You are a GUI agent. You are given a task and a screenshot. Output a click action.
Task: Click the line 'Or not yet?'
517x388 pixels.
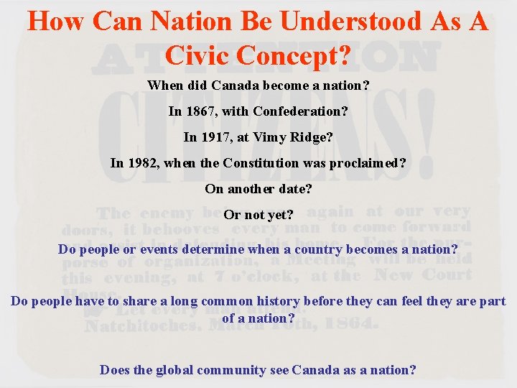(x=258, y=214)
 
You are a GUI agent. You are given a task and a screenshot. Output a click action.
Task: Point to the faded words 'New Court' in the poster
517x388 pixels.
(x=424, y=274)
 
